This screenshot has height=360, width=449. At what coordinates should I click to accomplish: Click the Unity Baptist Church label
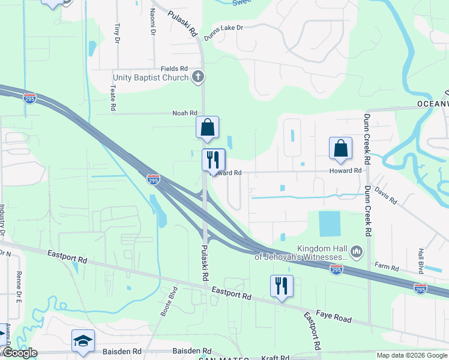151,77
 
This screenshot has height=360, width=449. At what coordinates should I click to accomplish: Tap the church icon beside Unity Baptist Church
198,77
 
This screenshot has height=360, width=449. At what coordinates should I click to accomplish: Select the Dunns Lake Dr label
223,32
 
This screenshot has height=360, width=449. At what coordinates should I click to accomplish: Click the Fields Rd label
174,69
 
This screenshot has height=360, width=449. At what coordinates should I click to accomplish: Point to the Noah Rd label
185,113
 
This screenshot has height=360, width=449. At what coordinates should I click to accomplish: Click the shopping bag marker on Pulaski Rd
207,128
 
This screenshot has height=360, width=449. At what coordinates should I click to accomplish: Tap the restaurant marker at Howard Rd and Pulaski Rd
213,160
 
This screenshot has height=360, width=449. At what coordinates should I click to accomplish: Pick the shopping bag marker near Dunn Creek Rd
340,149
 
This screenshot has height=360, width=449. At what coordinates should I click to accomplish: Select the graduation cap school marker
83,341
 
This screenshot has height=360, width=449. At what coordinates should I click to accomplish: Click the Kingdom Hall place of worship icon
357,251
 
